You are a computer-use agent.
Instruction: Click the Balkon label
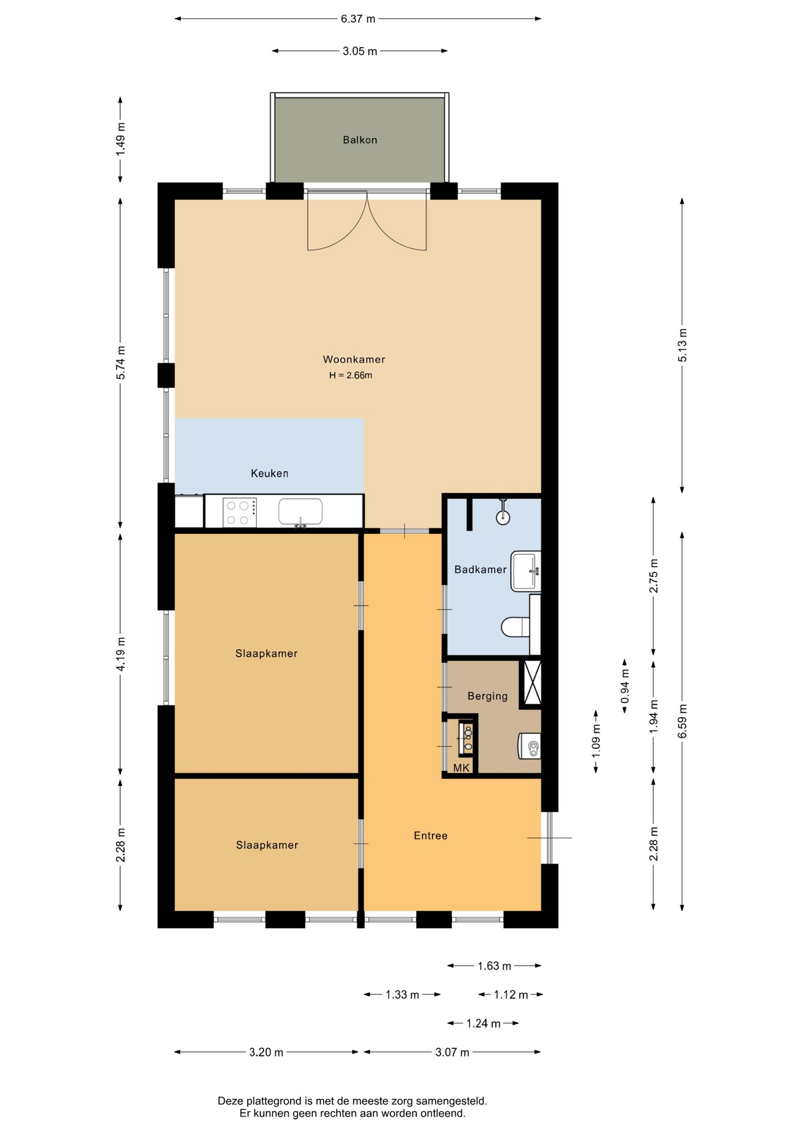pyautogui.click(x=360, y=140)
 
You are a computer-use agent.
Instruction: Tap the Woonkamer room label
pyautogui.click(x=354, y=359)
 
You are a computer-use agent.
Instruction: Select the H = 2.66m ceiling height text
pyautogui.click(x=351, y=375)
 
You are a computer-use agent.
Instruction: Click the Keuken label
pyautogui.click(x=269, y=473)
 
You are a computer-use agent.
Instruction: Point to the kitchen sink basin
pyautogui.click(x=301, y=511)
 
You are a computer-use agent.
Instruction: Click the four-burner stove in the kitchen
pyautogui.click(x=240, y=513)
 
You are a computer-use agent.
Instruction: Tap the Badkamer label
pyautogui.click(x=480, y=569)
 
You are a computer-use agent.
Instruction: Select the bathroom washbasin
pyautogui.click(x=526, y=571)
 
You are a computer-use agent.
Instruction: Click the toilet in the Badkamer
pyautogui.click(x=516, y=627)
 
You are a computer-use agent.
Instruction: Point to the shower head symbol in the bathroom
pyautogui.click(x=503, y=513)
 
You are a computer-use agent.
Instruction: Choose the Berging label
pyautogui.click(x=487, y=696)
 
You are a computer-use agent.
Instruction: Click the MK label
pyautogui.click(x=461, y=768)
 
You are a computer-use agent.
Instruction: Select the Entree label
pyautogui.click(x=431, y=835)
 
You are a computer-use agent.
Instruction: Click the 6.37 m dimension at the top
pyautogui.click(x=358, y=19)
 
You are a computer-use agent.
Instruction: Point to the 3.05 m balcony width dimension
pyautogui.click(x=360, y=51)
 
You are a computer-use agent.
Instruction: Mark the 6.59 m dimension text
pyautogui.click(x=683, y=721)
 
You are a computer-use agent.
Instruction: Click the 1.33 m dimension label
pyautogui.click(x=402, y=995)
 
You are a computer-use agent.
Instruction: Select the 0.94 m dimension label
pyautogui.click(x=625, y=686)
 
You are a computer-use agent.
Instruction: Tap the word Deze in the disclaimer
pyautogui.click(x=230, y=1101)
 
